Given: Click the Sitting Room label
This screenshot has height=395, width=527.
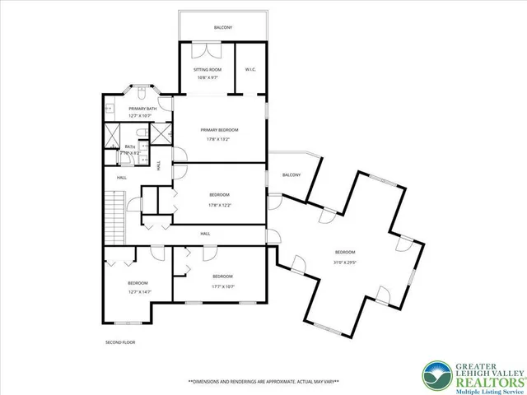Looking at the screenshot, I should coord(207,70).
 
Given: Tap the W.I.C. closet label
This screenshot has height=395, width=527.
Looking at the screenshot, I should coord(250,70).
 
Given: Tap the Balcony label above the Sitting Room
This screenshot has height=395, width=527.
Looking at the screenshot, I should coord(223,28).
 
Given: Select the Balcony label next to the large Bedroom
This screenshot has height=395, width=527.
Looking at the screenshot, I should coord(291,174).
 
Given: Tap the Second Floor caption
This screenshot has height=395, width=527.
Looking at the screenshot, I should coord(119,342).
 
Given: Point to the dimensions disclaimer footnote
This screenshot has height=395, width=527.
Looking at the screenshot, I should coord(263,382).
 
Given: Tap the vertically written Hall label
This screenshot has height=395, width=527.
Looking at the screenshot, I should coord(158,165).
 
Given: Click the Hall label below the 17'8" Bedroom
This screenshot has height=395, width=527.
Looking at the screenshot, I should coord(205,234).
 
